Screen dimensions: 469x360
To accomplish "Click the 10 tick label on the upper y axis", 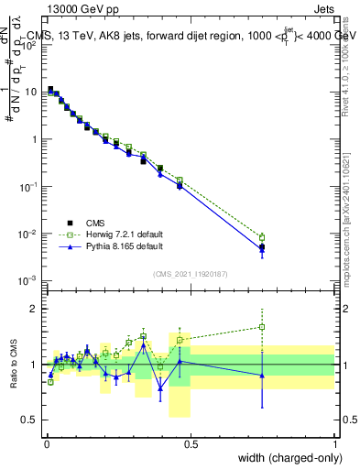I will [x=31, y=92].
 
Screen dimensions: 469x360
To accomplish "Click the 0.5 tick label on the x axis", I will [x=191, y=443].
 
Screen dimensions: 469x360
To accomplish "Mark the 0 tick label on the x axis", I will [x=46, y=443].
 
